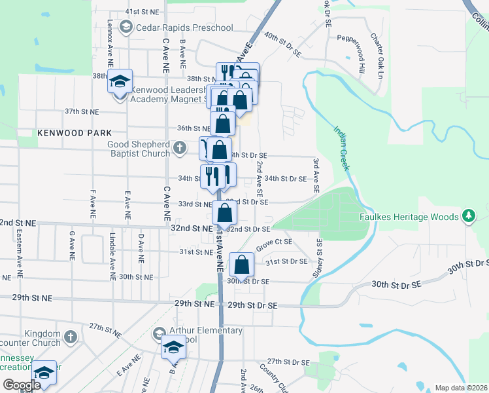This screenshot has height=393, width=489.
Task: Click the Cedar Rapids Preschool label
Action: coord(184,28)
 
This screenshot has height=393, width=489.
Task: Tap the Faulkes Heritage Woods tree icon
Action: coord(468,215)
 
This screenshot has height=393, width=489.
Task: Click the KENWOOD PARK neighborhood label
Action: coord(74,132)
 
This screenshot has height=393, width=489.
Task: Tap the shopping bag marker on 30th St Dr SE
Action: coord(241,266)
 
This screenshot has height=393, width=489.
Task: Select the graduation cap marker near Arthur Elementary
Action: coord(173,348)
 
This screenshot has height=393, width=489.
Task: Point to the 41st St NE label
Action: coord(142,12)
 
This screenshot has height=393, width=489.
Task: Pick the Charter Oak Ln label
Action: coord(378,54)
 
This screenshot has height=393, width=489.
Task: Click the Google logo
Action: coord(22,386)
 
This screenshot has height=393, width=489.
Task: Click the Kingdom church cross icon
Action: coord(71,337)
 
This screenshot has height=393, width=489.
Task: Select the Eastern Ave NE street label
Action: coord(20,248)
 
